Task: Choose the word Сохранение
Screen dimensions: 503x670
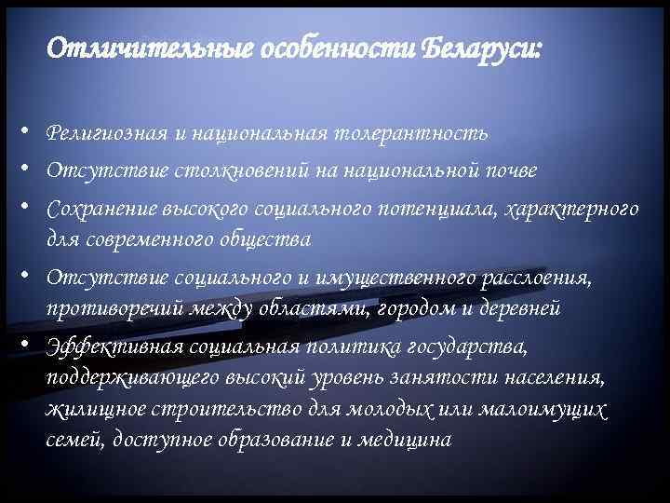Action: point(100,209)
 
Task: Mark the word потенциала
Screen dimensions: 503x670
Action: point(435,209)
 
